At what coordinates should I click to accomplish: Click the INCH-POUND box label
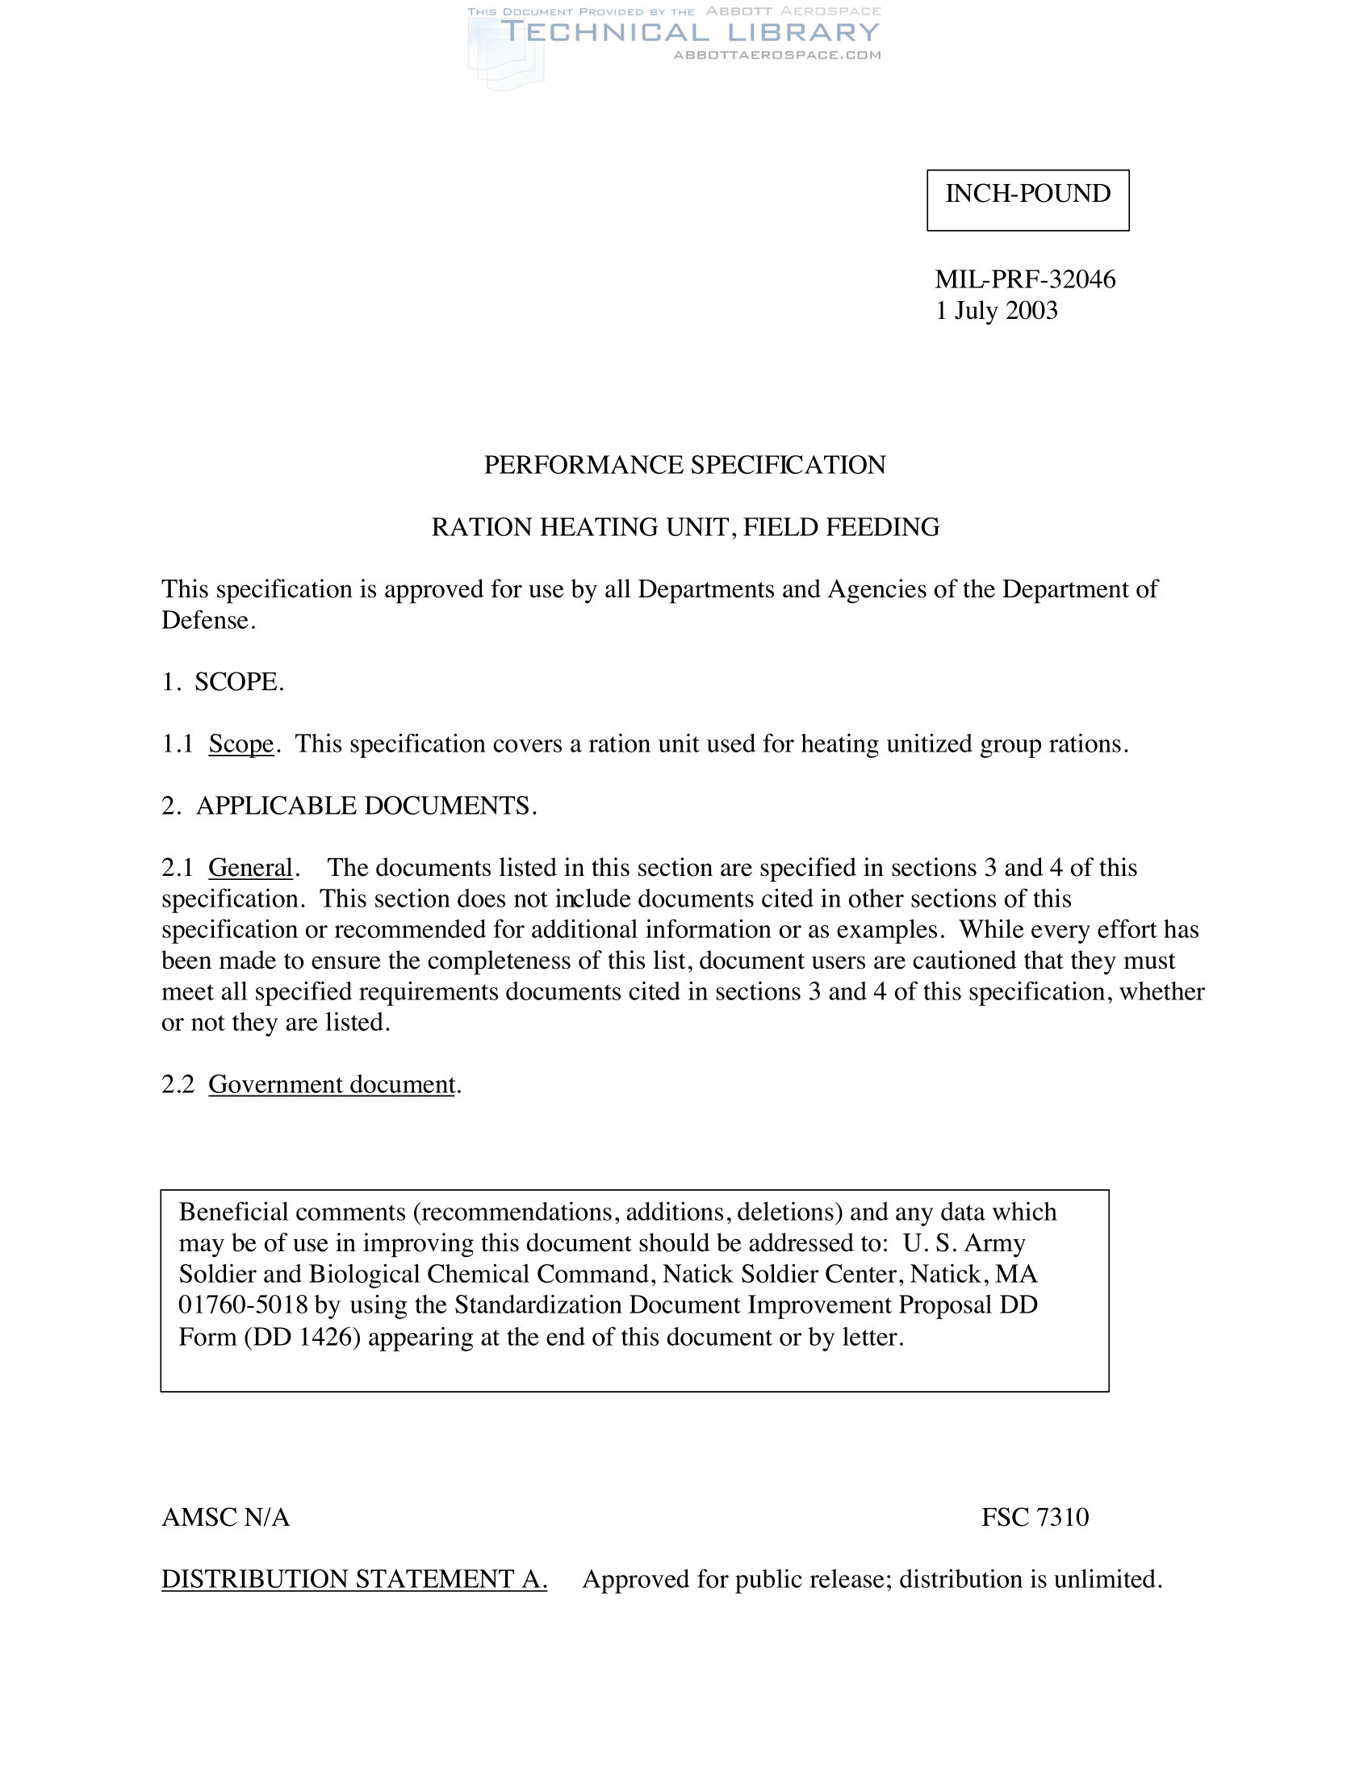(x=1027, y=194)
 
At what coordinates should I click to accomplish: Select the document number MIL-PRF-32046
(x=1025, y=280)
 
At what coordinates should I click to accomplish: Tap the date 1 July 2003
(x=997, y=311)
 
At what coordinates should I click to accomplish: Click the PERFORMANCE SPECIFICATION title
(x=684, y=465)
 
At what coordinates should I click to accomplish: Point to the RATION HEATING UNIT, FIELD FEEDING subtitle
(x=684, y=528)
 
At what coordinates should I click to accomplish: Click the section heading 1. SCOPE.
(x=223, y=682)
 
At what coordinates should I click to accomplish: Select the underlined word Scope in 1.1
(x=241, y=744)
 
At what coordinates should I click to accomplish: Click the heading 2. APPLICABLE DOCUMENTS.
(x=349, y=806)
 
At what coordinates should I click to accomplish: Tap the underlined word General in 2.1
(x=250, y=868)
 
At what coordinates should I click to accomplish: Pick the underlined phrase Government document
(x=332, y=1085)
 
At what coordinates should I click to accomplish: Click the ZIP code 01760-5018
(x=243, y=1305)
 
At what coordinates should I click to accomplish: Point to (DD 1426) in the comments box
(x=303, y=1338)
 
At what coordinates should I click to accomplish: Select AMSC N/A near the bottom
(x=226, y=1518)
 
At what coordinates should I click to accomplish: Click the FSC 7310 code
(x=1035, y=1518)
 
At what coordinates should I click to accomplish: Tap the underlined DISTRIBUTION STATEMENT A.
(x=354, y=1579)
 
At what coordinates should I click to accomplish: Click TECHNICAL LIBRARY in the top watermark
(x=690, y=32)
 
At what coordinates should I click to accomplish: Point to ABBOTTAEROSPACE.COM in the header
(x=777, y=55)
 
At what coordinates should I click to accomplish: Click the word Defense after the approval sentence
(x=207, y=621)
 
